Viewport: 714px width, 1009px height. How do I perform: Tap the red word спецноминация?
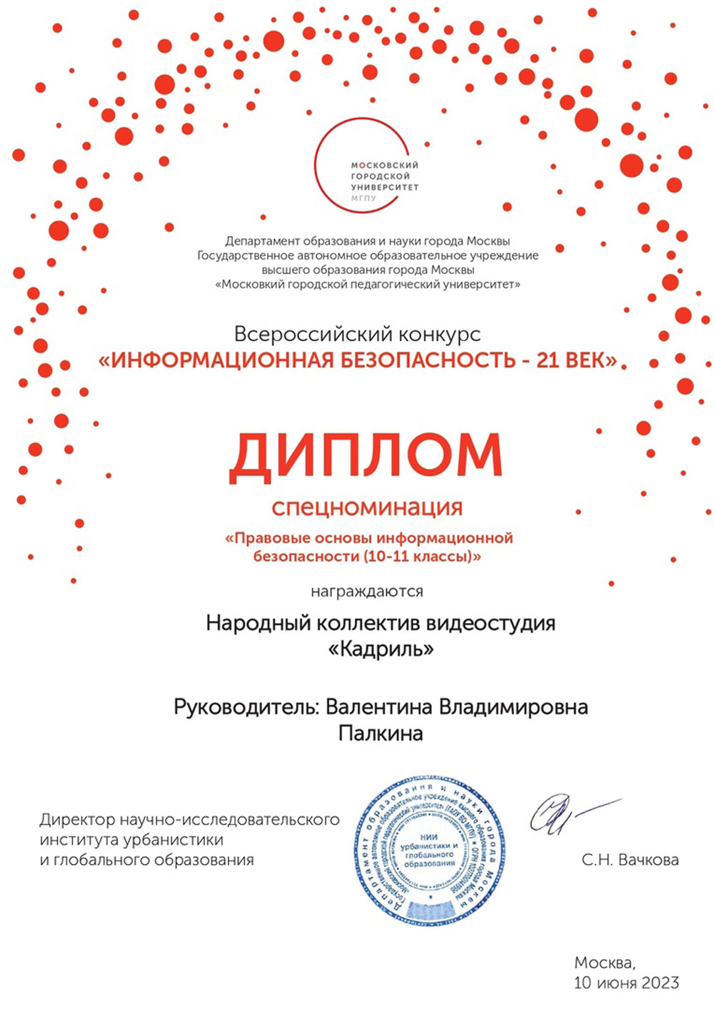(367, 507)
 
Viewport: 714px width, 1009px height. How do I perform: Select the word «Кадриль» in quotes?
(381, 649)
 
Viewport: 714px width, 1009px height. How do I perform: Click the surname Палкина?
(381, 733)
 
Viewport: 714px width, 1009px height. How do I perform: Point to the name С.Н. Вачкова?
(630, 860)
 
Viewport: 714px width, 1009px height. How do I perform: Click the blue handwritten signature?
(564, 813)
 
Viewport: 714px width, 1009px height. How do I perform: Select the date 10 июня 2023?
(626, 983)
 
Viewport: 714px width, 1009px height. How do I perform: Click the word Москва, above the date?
(604, 963)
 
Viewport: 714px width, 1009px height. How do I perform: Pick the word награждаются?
(367, 592)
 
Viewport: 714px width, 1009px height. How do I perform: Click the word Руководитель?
(246, 707)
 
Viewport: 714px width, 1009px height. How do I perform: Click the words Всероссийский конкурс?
(357, 334)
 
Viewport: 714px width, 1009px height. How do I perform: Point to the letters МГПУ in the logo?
(363, 198)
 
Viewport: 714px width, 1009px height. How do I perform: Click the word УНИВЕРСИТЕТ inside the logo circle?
(384, 187)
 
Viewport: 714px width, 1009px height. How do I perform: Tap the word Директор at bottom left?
(76, 819)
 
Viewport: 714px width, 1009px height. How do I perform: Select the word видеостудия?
(491, 623)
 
